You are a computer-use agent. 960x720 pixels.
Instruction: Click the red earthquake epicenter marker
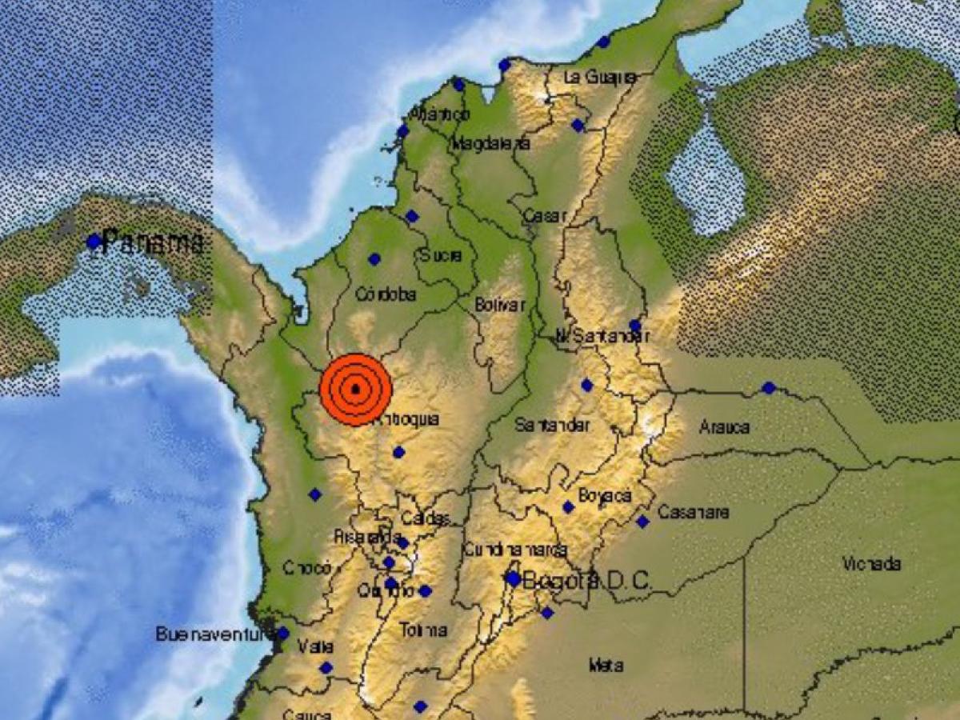(355, 390)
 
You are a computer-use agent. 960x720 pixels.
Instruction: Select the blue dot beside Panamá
(94, 242)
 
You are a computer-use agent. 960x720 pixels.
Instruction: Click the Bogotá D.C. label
(586, 581)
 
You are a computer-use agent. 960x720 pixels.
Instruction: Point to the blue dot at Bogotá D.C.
(513, 578)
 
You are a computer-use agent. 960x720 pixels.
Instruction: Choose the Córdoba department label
(386, 294)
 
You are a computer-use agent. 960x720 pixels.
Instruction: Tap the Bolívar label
(500, 305)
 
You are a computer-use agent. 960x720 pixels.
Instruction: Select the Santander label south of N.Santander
(552, 425)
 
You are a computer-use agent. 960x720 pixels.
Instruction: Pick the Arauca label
(724, 427)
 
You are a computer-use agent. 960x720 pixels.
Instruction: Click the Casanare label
(693, 512)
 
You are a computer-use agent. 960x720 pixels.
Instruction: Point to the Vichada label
(871, 564)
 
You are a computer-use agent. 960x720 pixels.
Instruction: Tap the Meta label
(606, 665)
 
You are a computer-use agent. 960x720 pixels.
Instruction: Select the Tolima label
(424, 630)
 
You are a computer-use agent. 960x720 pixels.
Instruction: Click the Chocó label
(307, 568)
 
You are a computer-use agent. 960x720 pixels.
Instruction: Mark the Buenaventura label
(210, 634)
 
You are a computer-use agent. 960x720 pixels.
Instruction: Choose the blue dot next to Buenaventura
(282, 634)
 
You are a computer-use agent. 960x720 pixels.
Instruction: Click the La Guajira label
(600, 78)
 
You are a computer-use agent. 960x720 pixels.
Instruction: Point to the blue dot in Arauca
(769, 388)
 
